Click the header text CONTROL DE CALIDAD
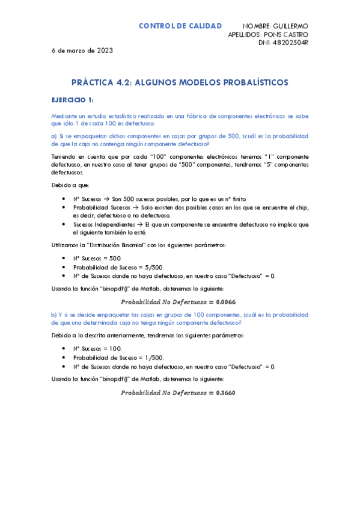click(x=180, y=26)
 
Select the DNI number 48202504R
click(x=291, y=43)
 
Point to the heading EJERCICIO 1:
click(x=72, y=100)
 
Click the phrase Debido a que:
click(x=70, y=185)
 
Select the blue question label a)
click(x=53, y=136)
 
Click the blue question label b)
click(x=53, y=315)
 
